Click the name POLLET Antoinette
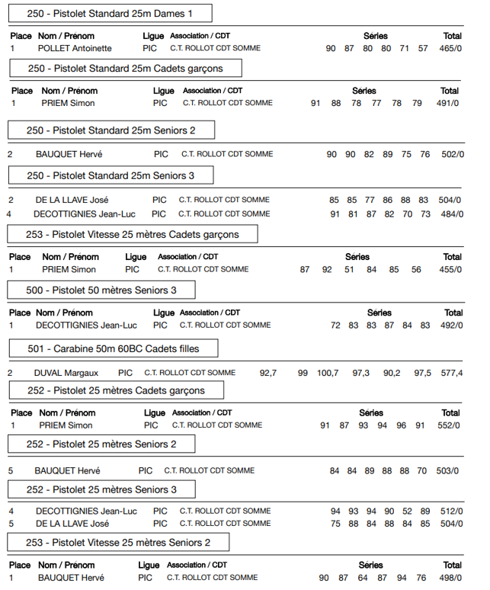75,48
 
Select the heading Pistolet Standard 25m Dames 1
109,14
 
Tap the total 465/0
450,48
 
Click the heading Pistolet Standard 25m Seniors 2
111,130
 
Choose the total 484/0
451,214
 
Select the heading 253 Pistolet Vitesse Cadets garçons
133,234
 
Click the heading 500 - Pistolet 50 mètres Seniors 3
101,290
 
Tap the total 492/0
451,325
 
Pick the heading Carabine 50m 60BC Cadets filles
114,349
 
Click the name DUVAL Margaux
66,373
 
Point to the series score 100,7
328,373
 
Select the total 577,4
452,373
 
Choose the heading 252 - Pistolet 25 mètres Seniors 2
101,444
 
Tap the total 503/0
447,471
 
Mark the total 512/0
451,511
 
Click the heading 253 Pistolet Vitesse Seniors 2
118,543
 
